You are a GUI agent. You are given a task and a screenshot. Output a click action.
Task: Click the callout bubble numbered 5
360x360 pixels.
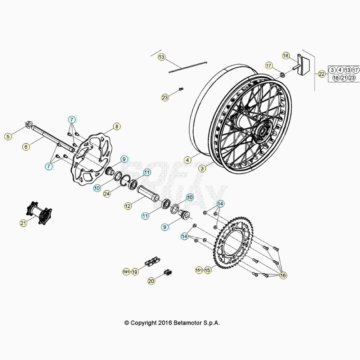[8, 136]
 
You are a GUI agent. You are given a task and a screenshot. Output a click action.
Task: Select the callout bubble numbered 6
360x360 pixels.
[26, 147]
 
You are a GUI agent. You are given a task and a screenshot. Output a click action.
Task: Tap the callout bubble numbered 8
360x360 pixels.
[117, 126]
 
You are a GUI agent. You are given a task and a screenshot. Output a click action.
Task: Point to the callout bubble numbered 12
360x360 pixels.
[128, 206]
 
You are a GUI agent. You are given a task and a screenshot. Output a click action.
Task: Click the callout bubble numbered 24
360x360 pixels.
[107, 194]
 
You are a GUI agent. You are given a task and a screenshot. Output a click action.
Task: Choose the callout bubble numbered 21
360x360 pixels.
[23, 223]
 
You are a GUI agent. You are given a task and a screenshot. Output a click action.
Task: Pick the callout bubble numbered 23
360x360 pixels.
[165, 98]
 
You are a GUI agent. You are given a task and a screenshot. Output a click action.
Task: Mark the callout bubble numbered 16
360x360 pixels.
[283, 275]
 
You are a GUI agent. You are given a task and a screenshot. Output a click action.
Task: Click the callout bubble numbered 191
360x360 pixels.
[126, 272]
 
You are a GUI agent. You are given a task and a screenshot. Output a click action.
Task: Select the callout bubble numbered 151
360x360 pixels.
[199, 270]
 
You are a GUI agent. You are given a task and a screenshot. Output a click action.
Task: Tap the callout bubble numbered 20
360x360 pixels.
[151, 281]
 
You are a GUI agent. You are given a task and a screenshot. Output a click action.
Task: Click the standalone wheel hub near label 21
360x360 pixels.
[39, 213]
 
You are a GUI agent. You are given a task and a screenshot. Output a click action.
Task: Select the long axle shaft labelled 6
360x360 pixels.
[53, 139]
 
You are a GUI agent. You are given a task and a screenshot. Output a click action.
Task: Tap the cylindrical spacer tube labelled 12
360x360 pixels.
[148, 193]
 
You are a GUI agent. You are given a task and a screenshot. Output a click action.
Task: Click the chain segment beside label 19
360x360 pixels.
[152, 262]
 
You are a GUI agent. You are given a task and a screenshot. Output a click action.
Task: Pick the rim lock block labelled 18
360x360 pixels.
[303, 64]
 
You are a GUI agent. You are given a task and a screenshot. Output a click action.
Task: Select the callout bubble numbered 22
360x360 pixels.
[321, 74]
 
